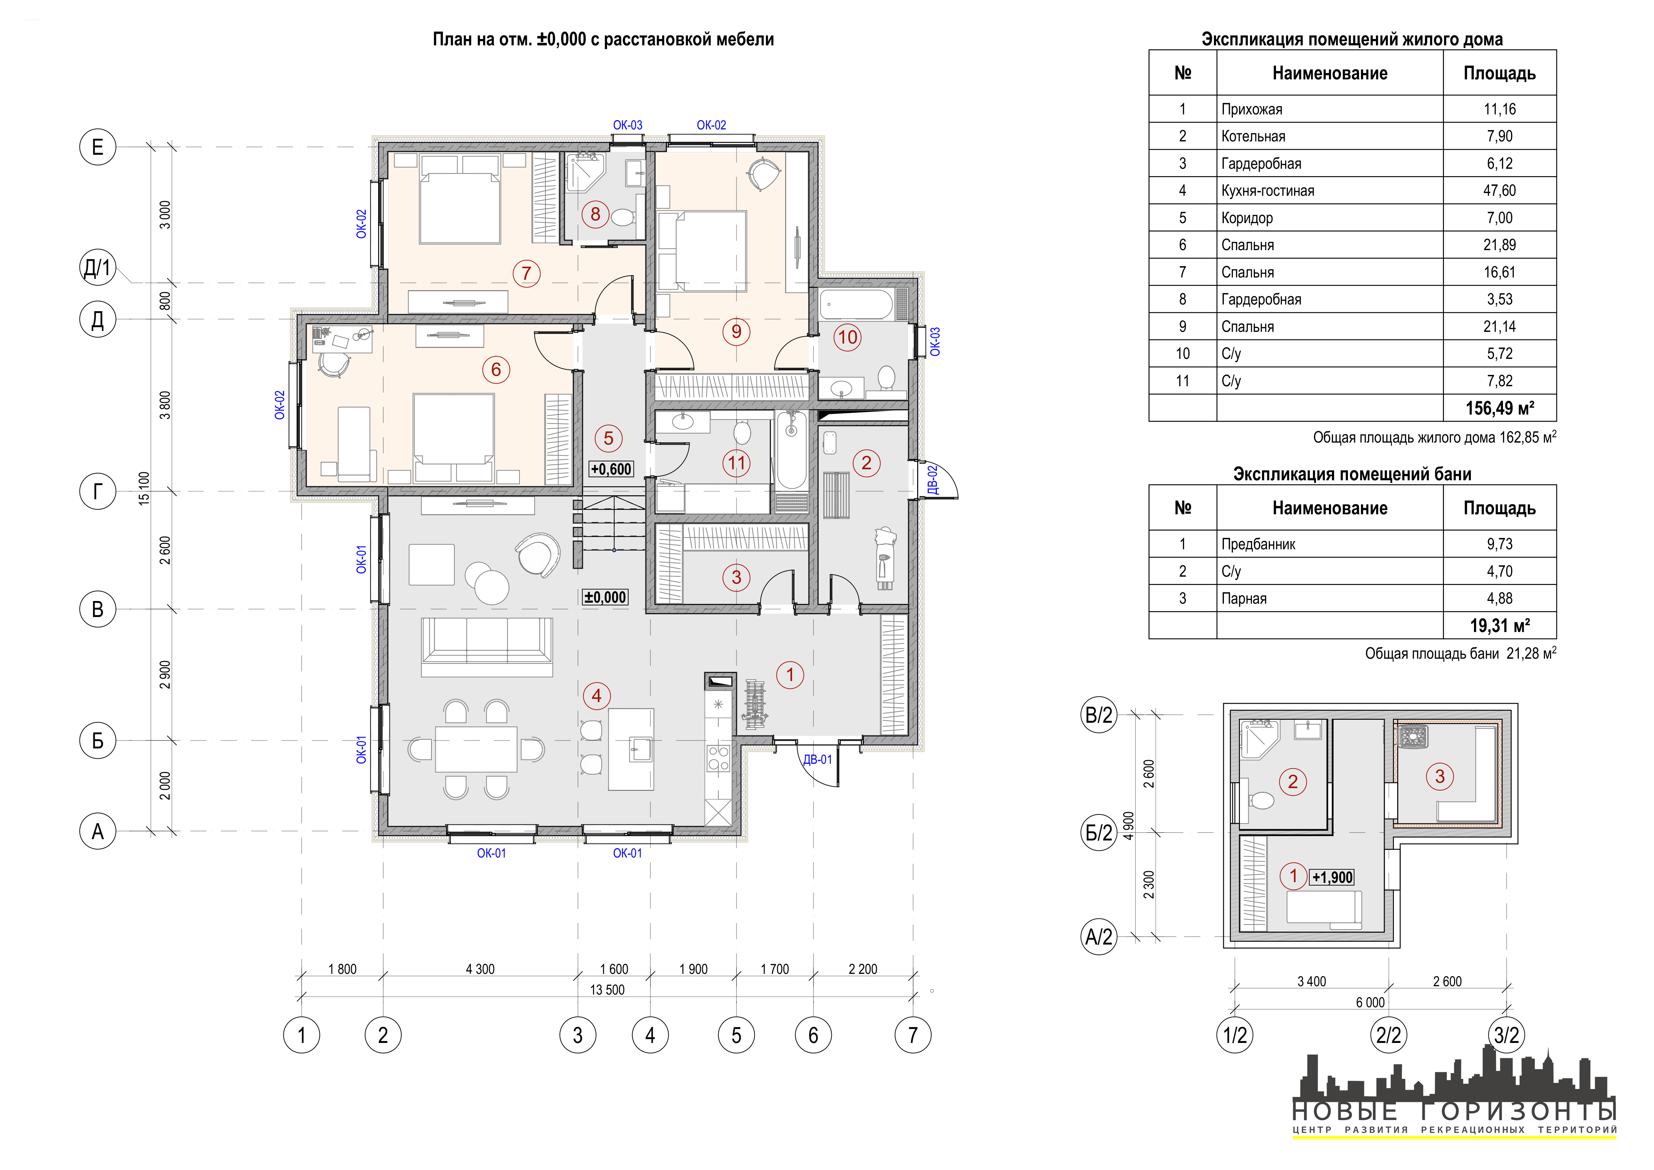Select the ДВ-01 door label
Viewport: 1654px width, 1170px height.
click(817, 759)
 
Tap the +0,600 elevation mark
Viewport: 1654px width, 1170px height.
click(611, 469)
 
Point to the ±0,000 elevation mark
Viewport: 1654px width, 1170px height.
click(605, 597)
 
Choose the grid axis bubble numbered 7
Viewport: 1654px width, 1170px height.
click(913, 1035)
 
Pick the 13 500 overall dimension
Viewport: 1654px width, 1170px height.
click(607, 990)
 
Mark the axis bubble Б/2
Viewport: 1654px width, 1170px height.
click(1099, 833)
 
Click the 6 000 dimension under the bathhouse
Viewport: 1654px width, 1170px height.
click(1370, 1003)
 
